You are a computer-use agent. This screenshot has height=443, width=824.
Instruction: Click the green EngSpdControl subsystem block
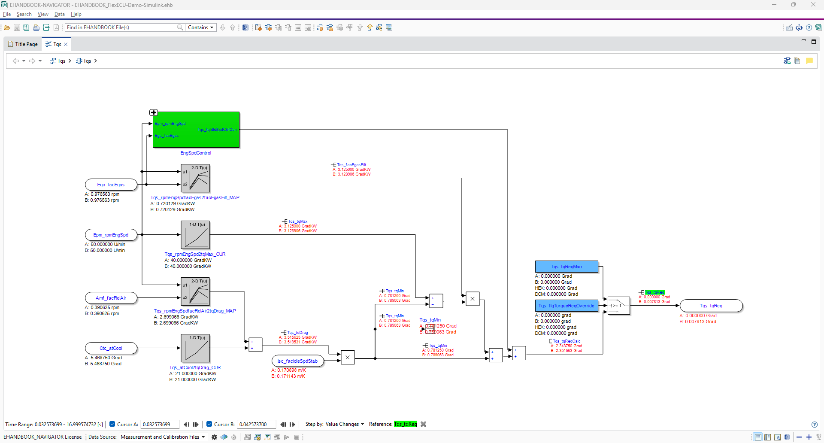196,130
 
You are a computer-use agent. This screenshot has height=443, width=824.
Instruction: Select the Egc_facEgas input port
111,185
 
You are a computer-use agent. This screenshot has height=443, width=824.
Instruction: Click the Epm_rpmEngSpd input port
111,235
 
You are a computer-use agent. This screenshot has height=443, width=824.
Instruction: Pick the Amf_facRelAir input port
111,298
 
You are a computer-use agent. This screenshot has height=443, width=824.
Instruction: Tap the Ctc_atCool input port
111,348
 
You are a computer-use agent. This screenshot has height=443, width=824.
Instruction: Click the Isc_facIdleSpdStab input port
297,361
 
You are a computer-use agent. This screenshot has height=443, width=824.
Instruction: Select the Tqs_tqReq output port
711,306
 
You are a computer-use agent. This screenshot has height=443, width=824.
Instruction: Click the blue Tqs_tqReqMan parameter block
566,267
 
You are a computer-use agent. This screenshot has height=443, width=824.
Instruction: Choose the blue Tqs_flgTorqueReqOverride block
566,306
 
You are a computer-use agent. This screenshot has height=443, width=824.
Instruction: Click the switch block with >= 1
618,306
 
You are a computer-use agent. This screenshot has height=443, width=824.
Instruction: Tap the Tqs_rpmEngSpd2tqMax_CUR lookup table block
195,235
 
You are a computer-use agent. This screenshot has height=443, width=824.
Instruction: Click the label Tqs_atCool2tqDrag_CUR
195,367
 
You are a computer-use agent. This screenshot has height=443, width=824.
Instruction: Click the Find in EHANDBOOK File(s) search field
120,27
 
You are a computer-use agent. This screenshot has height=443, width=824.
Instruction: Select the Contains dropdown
200,27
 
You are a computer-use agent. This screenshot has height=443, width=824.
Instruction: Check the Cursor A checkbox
112,424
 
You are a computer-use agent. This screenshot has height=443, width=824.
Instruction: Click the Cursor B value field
256,425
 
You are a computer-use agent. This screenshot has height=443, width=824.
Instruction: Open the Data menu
59,14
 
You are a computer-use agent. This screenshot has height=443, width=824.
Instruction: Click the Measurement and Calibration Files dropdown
163,437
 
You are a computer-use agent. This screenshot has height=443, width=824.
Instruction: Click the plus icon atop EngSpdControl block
154,112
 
